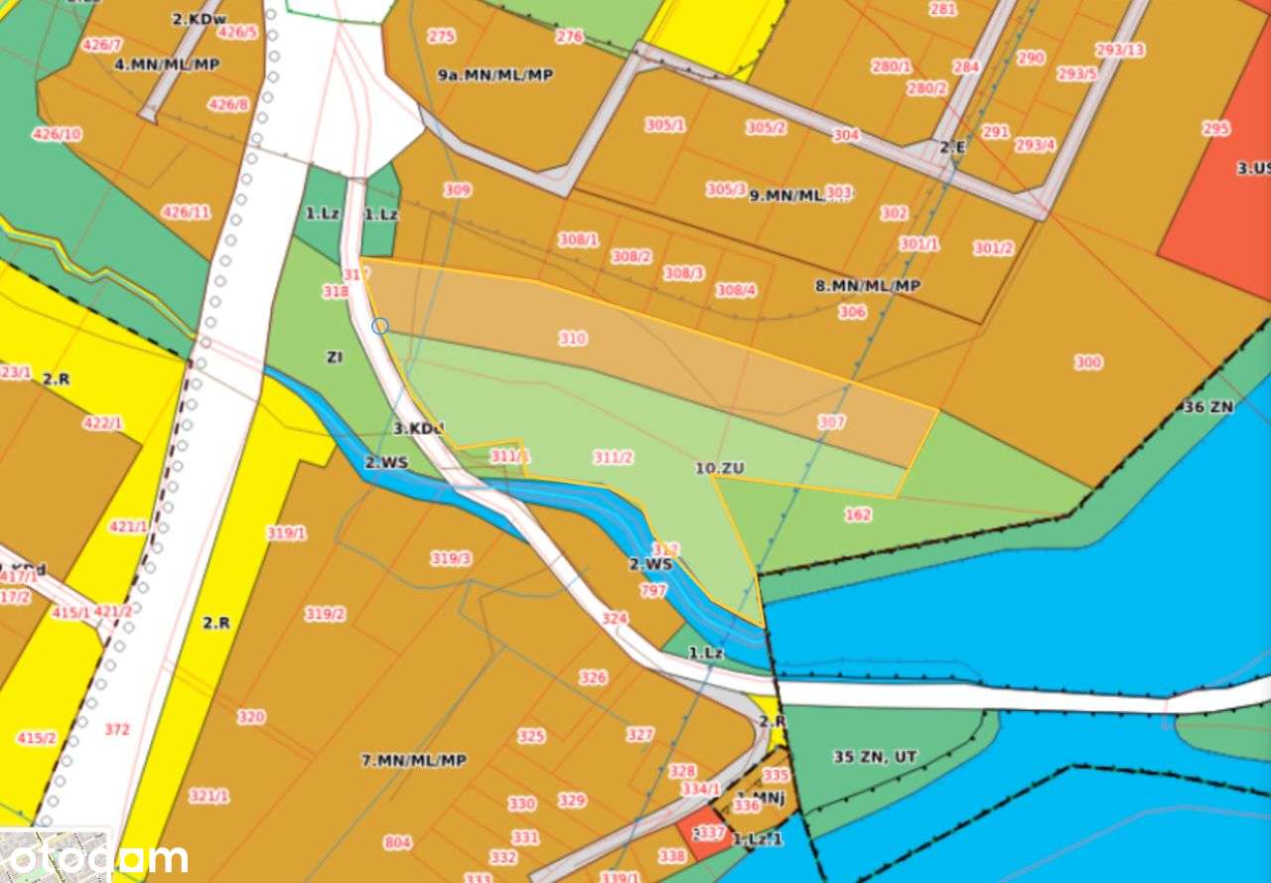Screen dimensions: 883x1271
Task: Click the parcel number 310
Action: click(572, 339)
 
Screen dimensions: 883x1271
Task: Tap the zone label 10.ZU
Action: click(720, 468)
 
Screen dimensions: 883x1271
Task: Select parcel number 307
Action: click(831, 422)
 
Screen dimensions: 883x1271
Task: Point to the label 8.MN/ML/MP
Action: click(868, 286)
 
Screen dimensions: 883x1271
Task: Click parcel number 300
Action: click(1087, 363)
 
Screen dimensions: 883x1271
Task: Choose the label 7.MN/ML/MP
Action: click(413, 761)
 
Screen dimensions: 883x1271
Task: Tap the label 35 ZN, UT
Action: click(875, 757)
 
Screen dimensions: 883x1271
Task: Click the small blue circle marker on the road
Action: click(379, 326)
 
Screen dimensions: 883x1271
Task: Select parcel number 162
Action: click(858, 515)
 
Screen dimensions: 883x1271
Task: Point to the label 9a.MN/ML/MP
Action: click(495, 75)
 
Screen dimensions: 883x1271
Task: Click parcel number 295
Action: click(1215, 129)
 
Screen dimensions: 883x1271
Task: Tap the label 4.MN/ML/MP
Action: click(167, 65)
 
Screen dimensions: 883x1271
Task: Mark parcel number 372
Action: click(117, 730)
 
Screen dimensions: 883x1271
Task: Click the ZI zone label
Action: click(335, 357)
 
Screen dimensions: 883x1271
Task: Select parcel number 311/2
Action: click(613, 458)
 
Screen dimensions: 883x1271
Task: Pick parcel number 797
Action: click(653, 591)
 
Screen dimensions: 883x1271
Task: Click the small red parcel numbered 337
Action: click(709, 834)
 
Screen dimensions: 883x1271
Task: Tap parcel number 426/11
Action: click(187, 213)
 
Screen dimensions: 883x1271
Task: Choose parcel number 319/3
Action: click(451, 559)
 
